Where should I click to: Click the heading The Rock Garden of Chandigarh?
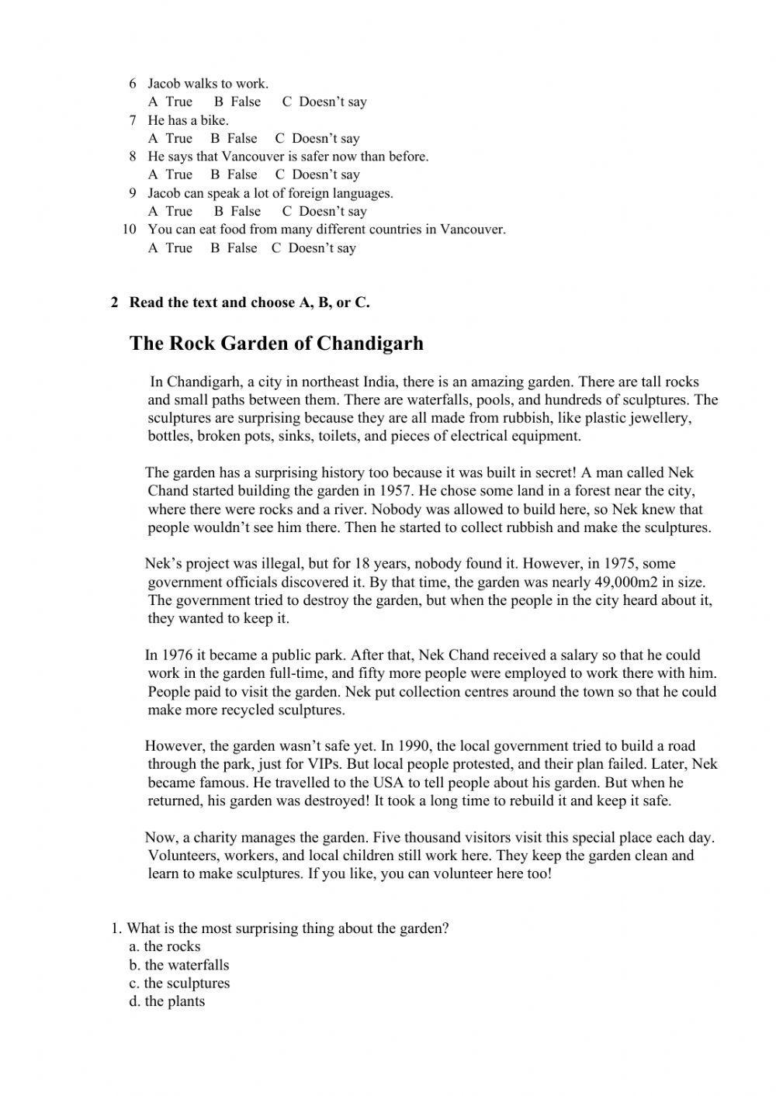(x=276, y=344)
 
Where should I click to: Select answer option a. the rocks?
(x=165, y=947)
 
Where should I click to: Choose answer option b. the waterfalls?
(x=179, y=966)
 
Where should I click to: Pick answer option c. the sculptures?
(x=179, y=984)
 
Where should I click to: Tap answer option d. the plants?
(x=167, y=1001)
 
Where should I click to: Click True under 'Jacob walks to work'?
(x=171, y=102)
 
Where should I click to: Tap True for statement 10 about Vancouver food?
(x=171, y=248)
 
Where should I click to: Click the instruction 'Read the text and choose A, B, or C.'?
(x=249, y=303)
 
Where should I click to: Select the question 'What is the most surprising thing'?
(x=287, y=928)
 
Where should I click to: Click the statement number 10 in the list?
(x=130, y=230)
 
